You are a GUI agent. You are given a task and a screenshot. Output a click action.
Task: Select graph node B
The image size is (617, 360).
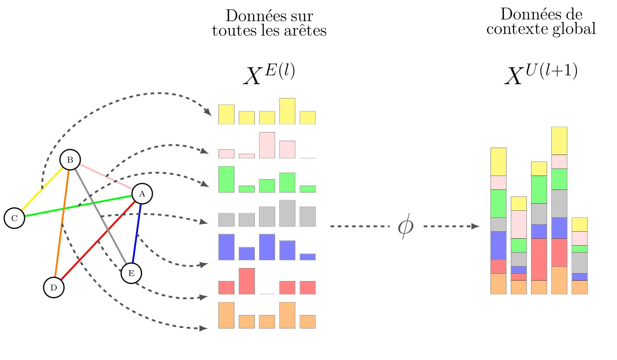tap(70, 160)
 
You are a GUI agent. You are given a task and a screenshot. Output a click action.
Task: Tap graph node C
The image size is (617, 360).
tap(15, 218)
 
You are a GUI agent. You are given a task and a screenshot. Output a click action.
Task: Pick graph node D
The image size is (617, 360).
tap(54, 287)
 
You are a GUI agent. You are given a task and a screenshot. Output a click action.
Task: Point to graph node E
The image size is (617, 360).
tap(131, 273)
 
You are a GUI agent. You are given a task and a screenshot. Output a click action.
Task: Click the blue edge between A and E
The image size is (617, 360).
tap(136, 233)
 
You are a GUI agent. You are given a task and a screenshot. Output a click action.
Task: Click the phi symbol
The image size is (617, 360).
tap(405, 227)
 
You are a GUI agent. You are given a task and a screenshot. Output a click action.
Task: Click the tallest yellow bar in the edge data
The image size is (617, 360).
tap(287, 111)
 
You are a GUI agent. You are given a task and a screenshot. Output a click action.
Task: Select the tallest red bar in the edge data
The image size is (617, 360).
tap(247, 281)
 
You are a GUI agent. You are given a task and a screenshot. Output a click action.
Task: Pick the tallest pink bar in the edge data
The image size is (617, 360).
tap(267, 145)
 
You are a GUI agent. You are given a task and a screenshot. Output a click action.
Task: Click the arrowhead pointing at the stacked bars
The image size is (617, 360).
tap(476, 226)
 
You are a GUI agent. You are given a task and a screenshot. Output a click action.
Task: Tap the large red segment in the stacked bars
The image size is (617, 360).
tap(539, 259)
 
